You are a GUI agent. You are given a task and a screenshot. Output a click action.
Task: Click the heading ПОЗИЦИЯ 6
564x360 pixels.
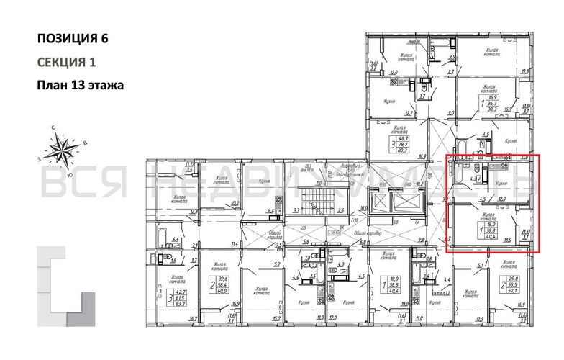(x=76, y=38)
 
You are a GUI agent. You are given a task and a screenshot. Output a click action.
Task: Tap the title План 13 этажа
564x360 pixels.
(x=80, y=85)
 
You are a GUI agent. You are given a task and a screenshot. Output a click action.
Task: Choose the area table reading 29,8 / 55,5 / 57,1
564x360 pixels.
(x=514, y=279)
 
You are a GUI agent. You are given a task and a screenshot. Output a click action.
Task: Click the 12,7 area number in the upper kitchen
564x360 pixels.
(x=409, y=112)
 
